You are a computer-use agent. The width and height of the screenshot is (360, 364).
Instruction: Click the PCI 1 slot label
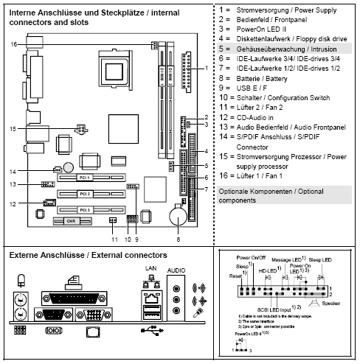(x=85, y=178)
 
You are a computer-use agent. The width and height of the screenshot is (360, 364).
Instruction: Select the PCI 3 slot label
(x=85, y=210)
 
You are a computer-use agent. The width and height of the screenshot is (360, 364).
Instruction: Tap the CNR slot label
(x=71, y=220)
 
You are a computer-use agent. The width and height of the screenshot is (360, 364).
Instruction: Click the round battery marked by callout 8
(x=178, y=217)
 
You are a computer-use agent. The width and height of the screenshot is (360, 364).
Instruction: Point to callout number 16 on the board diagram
(x=13, y=45)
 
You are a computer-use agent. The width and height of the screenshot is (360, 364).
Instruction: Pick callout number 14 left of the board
(x=13, y=171)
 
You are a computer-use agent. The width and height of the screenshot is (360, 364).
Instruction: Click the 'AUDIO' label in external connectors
(x=176, y=270)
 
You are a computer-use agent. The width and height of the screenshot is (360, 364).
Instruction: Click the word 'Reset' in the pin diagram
(x=236, y=275)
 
